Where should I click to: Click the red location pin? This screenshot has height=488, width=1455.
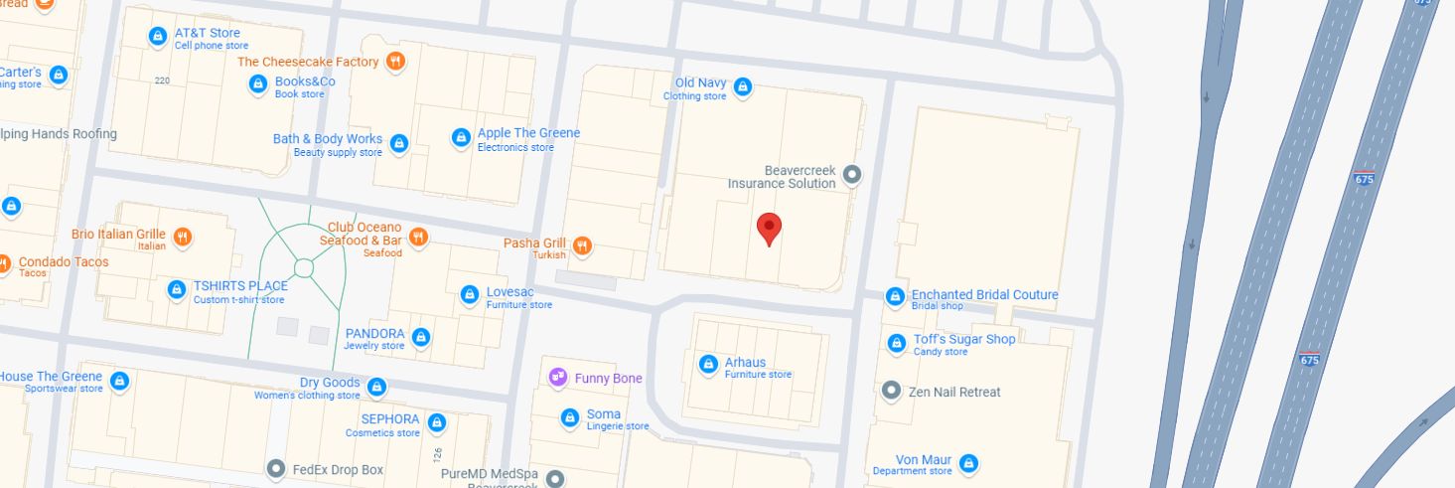[769, 228]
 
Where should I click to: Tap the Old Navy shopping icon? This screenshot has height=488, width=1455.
[742, 87]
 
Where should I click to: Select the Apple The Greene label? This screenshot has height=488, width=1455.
[528, 133]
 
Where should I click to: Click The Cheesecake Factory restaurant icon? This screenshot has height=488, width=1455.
[395, 62]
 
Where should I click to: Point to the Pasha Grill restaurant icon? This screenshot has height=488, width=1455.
[582, 244]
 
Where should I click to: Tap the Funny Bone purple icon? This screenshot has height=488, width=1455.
[558, 378]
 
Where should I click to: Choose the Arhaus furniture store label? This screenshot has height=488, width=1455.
[745, 363]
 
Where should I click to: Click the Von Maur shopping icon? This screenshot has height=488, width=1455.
[968, 462]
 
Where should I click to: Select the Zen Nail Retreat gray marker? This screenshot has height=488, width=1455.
[892, 392]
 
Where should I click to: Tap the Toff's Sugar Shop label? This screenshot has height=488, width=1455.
[964, 340]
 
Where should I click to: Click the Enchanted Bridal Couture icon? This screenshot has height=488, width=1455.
[895, 296]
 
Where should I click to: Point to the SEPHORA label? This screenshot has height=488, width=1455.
[390, 419]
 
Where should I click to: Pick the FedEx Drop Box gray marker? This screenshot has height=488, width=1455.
[276, 468]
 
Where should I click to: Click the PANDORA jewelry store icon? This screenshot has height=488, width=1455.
[421, 338]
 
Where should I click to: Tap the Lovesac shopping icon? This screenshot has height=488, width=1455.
[470, 294]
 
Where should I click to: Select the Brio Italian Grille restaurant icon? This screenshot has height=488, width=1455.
[182, 237]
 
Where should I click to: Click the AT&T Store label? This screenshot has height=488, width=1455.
[207, 34]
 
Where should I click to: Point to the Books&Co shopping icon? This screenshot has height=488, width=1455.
[258, 84]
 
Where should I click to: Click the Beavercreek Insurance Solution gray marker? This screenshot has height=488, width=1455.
[851, 176]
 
